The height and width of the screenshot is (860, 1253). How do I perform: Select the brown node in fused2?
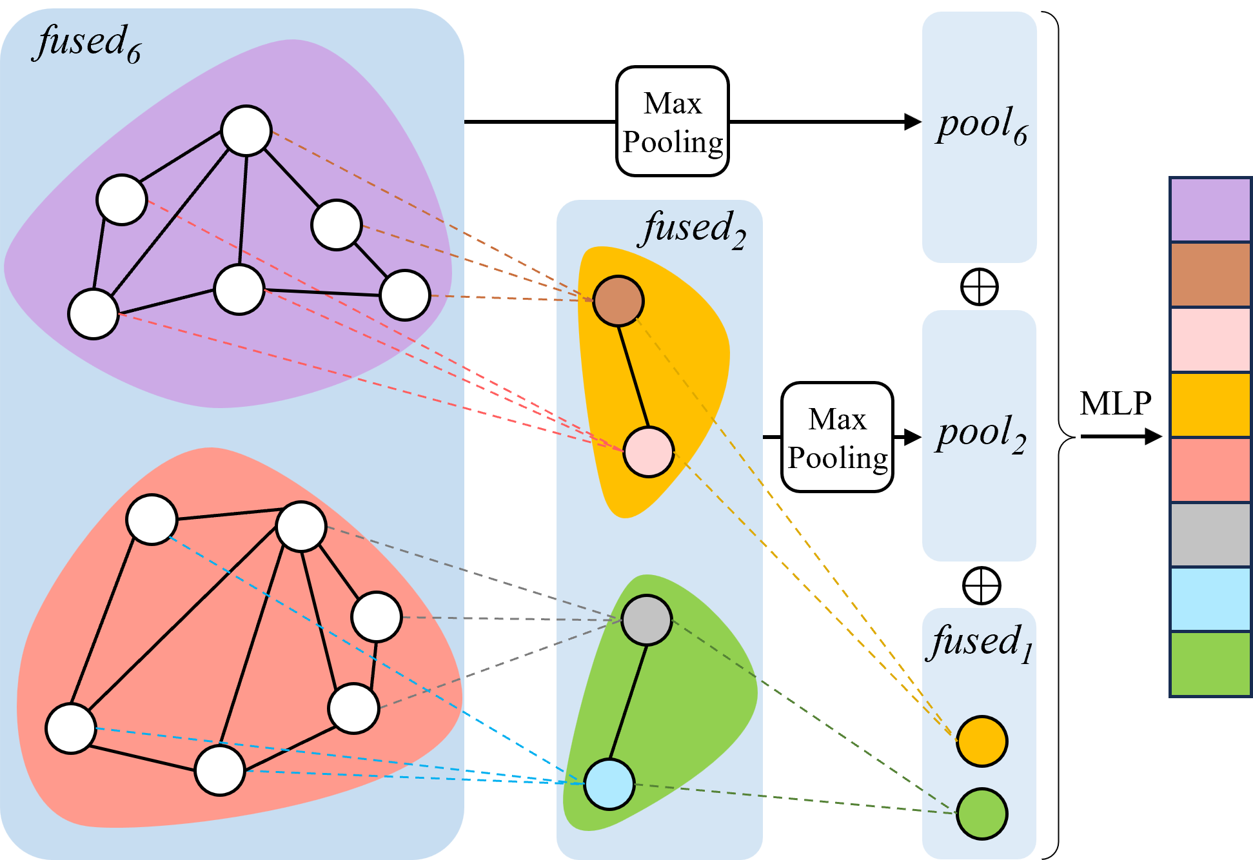coord(618,301)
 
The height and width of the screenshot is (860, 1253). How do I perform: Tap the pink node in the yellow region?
coord(648,452)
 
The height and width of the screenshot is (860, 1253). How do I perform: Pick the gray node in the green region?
coord(647,620)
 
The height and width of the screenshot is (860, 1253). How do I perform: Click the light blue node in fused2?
coord(609,784)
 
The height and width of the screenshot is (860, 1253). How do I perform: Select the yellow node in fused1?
coord(982,741)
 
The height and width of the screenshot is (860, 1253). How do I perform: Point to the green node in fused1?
coord(982,814)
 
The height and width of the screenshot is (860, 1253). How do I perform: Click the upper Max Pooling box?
coord(672,122)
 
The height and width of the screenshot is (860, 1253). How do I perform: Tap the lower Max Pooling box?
coord(837,438)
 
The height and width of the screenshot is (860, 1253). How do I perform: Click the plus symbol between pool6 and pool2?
coord(979,287)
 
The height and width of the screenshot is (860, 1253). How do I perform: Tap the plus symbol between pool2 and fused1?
coord(981,586)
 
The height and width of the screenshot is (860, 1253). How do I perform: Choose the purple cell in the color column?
coord(1210,210)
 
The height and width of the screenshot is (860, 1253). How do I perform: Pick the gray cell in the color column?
coord(1210,535)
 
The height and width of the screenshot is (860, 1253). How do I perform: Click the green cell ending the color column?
coord(1210,663)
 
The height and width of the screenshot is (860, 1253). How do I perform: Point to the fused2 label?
coord(694,228)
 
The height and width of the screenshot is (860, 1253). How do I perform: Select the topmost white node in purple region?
coord(246,131)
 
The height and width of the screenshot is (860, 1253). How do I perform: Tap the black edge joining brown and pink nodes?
coord(633,376)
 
